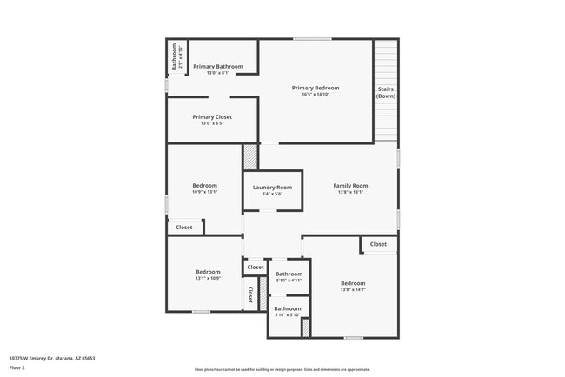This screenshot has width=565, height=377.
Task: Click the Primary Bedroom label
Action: click(315, 88)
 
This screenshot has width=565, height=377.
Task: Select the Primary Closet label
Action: click(212, 116)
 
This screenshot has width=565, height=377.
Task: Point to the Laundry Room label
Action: click(272, 187)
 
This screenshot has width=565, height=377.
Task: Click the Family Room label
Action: click(350, 185)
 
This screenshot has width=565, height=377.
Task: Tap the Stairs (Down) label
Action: click(386, 92)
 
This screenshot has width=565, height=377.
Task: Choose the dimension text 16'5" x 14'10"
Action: click(315, 95)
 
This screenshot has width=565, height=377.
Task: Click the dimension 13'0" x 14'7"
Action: click(353, 290)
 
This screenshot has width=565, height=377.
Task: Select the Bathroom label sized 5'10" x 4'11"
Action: click(288, 274)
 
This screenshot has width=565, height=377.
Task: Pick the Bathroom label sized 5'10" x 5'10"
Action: click(288, 308)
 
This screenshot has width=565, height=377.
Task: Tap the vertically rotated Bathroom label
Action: click(174, 57)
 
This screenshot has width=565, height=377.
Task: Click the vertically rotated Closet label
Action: click(250, 294)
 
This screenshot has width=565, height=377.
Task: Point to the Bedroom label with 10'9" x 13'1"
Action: click(204, 185)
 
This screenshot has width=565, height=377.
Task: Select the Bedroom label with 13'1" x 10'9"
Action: click(208, 272)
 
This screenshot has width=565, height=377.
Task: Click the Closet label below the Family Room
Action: click(378, 244)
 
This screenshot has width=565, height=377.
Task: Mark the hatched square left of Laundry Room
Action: click(250, 156)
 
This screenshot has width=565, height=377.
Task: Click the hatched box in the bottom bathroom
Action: click(306, 327)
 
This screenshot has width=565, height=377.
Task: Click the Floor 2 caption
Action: click(17, 367)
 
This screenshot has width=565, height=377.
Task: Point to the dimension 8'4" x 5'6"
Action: click(272, 194)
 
